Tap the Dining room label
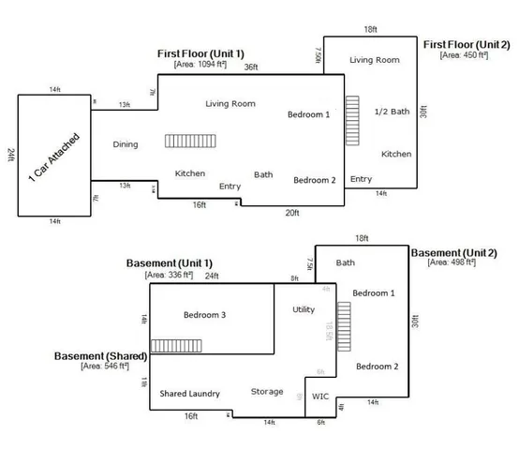(126, 144)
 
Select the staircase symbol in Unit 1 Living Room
(184, 141)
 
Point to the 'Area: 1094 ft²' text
(200, 67)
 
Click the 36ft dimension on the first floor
(250, 67)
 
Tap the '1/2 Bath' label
(392, 112)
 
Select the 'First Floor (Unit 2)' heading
(466, 44)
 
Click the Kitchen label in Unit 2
(396, 154)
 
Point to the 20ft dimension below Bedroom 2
(291, 213)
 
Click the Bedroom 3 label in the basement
(204, 315)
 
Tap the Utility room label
(304, 308)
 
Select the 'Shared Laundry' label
(189, 393)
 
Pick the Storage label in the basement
(266, 391)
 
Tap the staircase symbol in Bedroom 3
(170, 346)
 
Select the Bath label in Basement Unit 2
(345, 262)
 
